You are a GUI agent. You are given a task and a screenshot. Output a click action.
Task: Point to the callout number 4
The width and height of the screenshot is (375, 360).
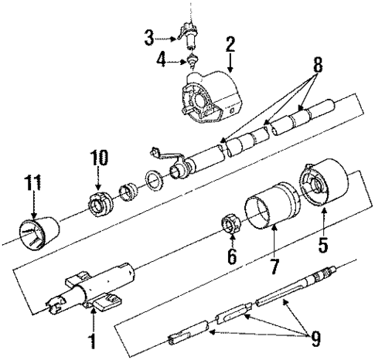tap(161, 59)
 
